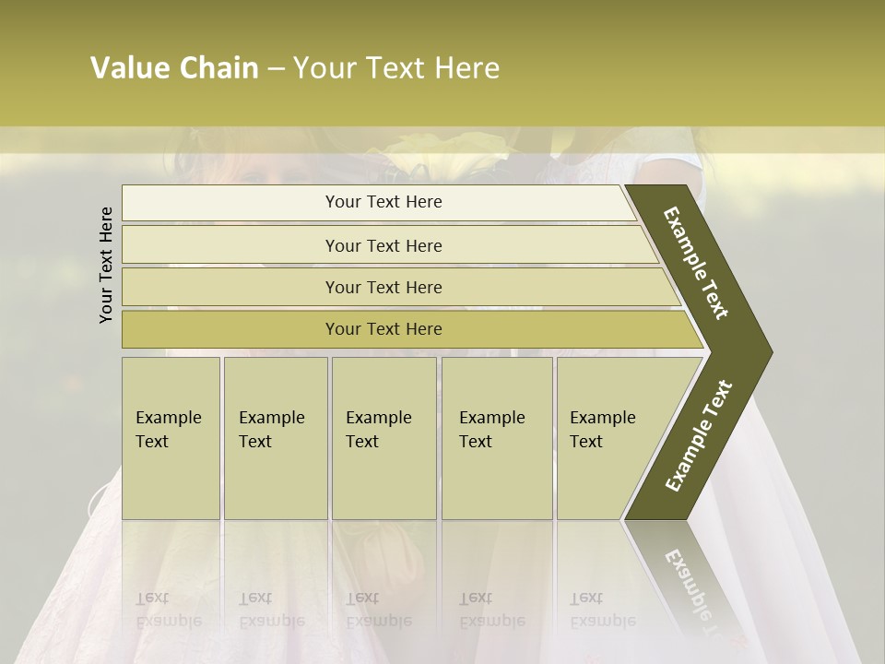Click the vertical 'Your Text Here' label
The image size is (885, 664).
point(106,265)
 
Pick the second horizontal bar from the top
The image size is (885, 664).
point(383,245)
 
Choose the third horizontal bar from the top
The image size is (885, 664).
point(383,287)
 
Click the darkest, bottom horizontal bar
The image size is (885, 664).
point(383,329)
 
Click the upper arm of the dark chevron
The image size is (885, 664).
point(697,263)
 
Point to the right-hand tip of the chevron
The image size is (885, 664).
point(767,352)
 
